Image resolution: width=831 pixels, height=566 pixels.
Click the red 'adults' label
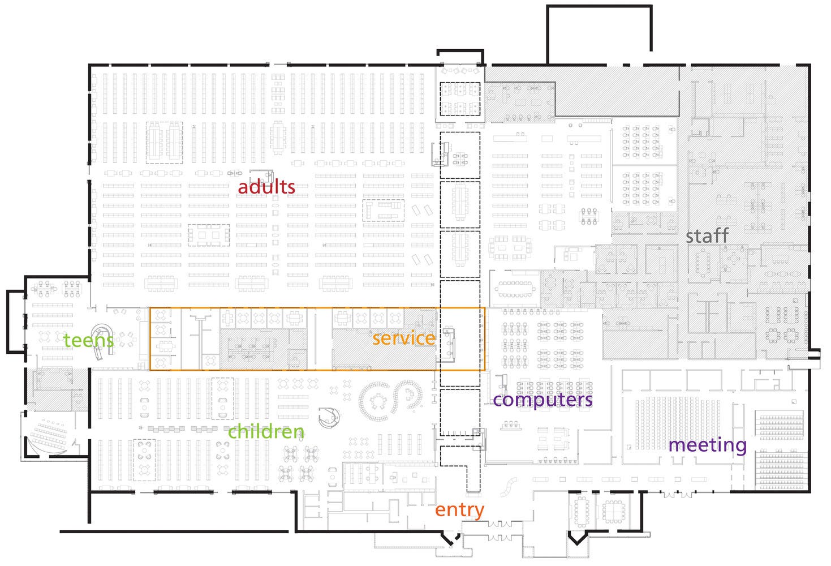click(x=266, y=187)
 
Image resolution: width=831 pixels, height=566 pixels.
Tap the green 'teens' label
click(x=88, y=340)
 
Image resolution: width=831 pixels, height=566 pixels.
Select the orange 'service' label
click(x=404, y=338)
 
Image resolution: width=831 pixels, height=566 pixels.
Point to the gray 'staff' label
click(x=707, y=235)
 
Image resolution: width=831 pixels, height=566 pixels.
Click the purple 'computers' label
click(x=542, y=400)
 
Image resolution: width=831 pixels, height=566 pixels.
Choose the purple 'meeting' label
click(x=708, y=445)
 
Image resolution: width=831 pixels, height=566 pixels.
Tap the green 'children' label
click(x=266, y=432)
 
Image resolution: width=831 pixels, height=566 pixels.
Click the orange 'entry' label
click(x=460, y=511)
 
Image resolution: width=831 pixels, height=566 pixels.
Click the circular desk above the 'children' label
click(x=329, y=418)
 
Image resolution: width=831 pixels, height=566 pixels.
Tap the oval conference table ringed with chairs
click(x=515, y=289)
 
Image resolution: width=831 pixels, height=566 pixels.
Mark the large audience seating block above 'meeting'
click(x=677, y=424)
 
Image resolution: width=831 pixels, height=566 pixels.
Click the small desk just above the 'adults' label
click(x=262, y=176)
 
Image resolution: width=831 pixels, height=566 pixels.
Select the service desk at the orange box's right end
click(x=448, y=344)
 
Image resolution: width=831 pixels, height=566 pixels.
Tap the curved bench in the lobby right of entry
click(x=509, y=487)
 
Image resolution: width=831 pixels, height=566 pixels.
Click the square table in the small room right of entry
click(x=613, y=512)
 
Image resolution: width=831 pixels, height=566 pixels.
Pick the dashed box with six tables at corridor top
click(x=460, y=98)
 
